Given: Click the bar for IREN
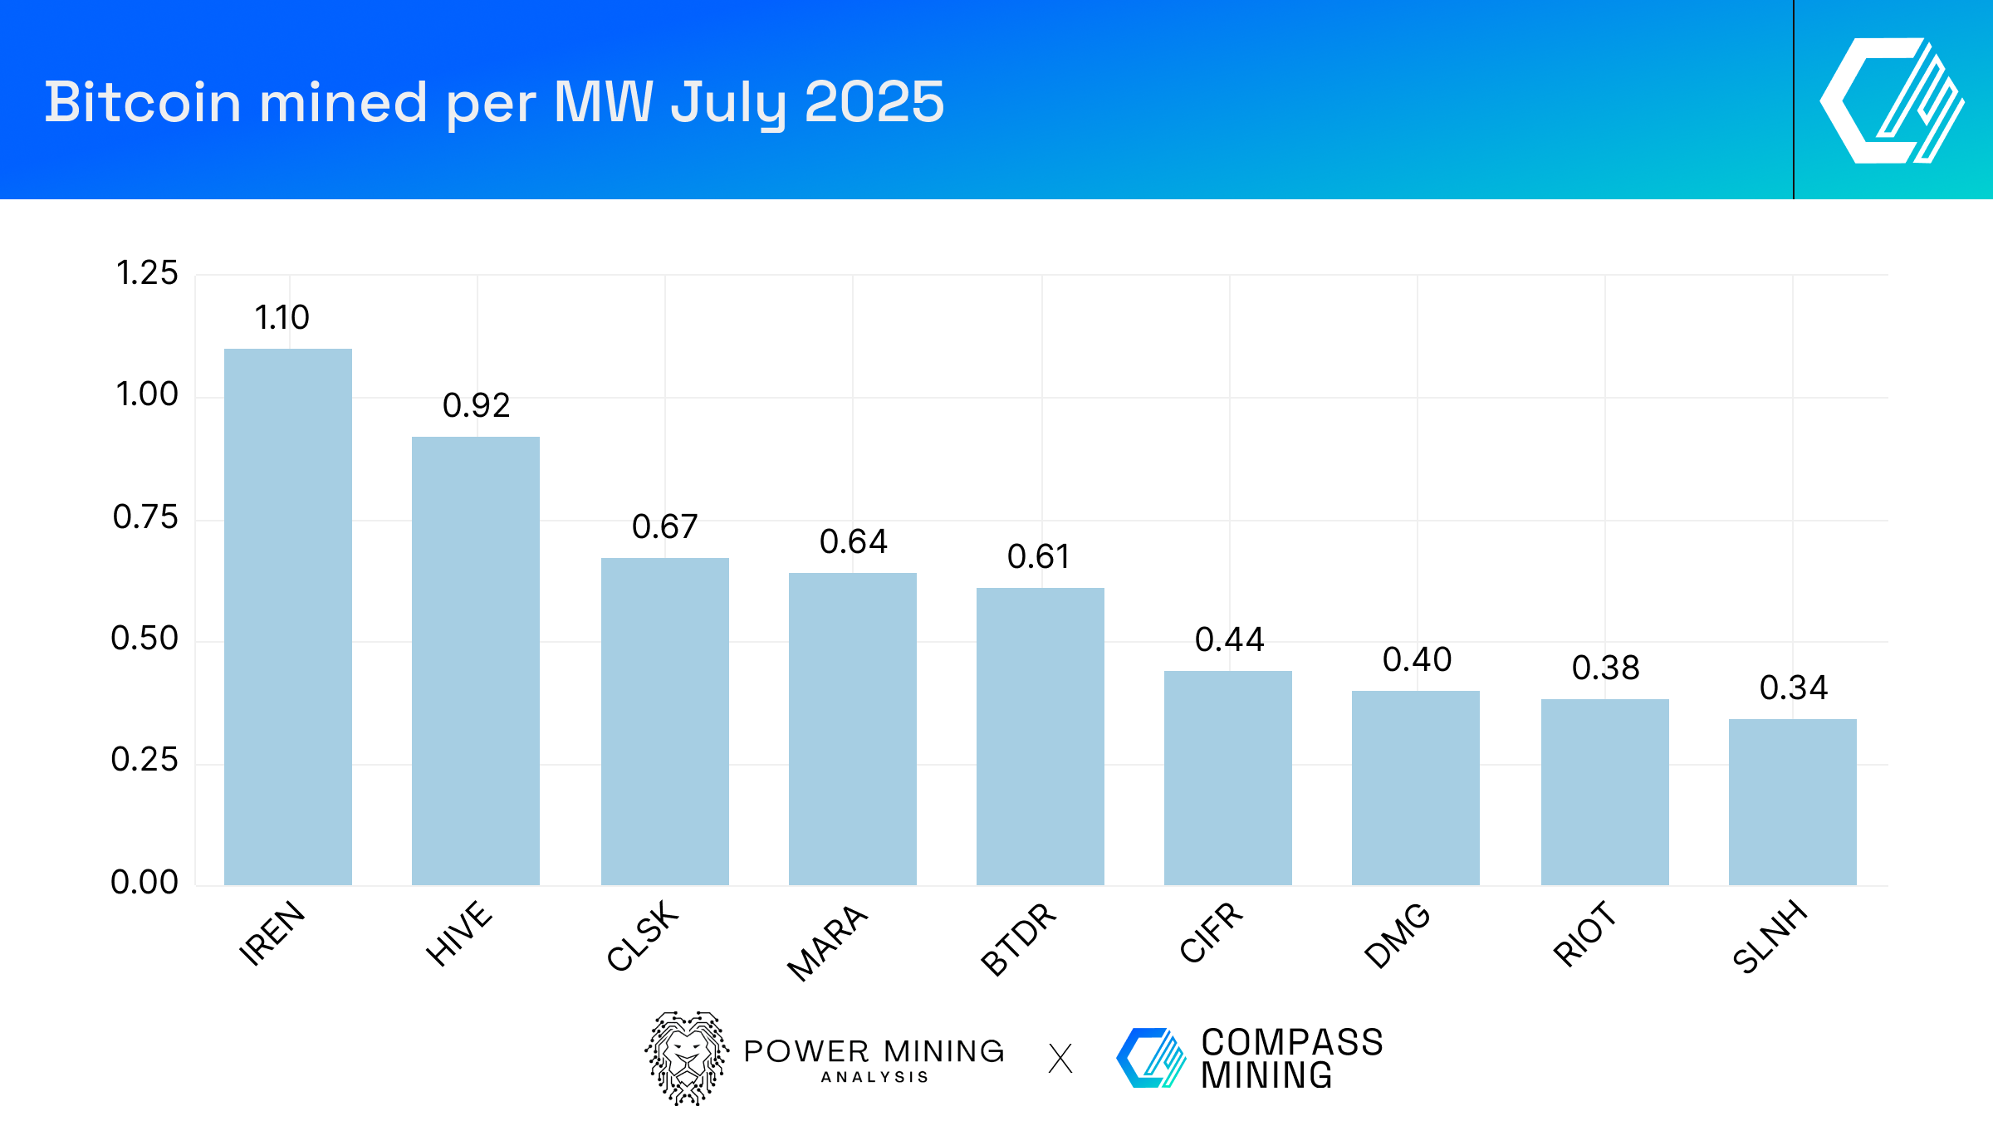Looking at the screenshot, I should pos(288,616).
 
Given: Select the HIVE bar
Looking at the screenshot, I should pos(476,660).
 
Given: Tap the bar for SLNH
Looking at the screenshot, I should pos(1792,801).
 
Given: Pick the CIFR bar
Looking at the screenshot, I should pos(1227,777).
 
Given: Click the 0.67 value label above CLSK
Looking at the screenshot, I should pos(664,526).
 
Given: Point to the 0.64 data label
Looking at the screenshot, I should pos(853,541).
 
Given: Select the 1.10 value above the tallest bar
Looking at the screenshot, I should pos(282,317).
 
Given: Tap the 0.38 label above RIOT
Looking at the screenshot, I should pos(1605,668).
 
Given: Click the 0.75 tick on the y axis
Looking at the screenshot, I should pos(145,517).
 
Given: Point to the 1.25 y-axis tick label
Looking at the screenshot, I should pos(147,273).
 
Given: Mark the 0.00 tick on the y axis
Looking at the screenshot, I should pos(144,882).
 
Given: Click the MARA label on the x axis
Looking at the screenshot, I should pos(827,942).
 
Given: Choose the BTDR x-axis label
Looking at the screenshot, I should pos(1018,938).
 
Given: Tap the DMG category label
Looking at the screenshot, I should pos(1398,935).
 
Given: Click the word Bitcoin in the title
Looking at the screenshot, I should pos(142,102).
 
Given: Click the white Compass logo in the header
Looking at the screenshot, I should pos(1892,100).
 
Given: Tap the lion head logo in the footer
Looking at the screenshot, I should pos(687,1058).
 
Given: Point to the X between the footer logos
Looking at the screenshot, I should pos(1060,1059).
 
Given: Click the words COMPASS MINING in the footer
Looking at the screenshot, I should pos(1291,1059).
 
